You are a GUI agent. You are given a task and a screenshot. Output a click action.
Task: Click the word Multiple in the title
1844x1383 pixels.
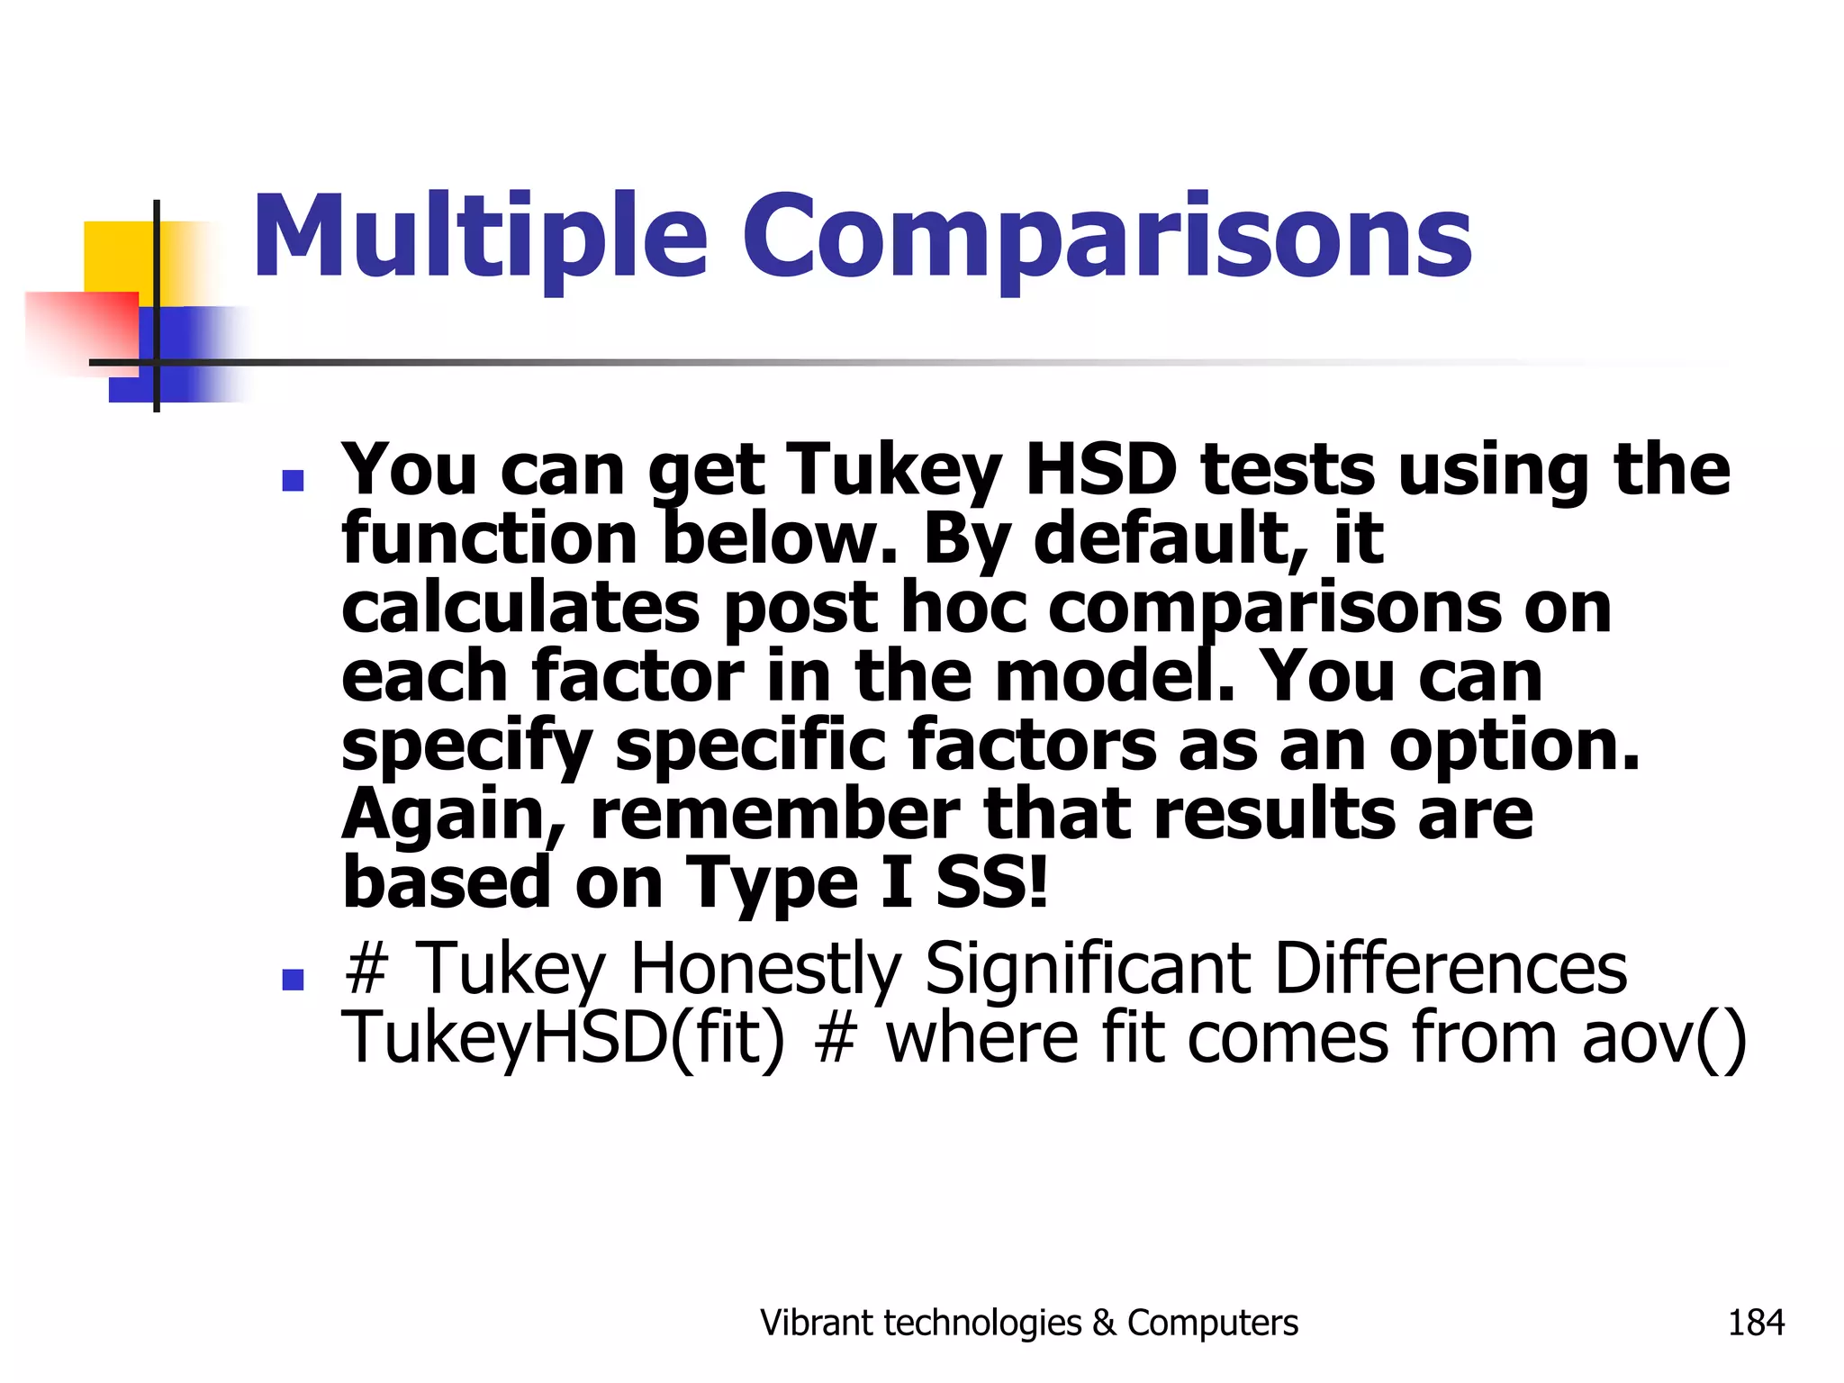[x=480, y=237]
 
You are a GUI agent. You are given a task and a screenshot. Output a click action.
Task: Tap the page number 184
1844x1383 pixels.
[x=1756, y=1323]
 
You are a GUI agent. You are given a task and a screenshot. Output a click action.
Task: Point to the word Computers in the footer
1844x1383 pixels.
[x=1213, y=1323]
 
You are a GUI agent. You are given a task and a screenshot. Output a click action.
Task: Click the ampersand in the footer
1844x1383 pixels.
[x=1104, y=1323]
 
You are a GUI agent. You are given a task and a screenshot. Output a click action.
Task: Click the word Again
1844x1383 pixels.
[x=453, y=816]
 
